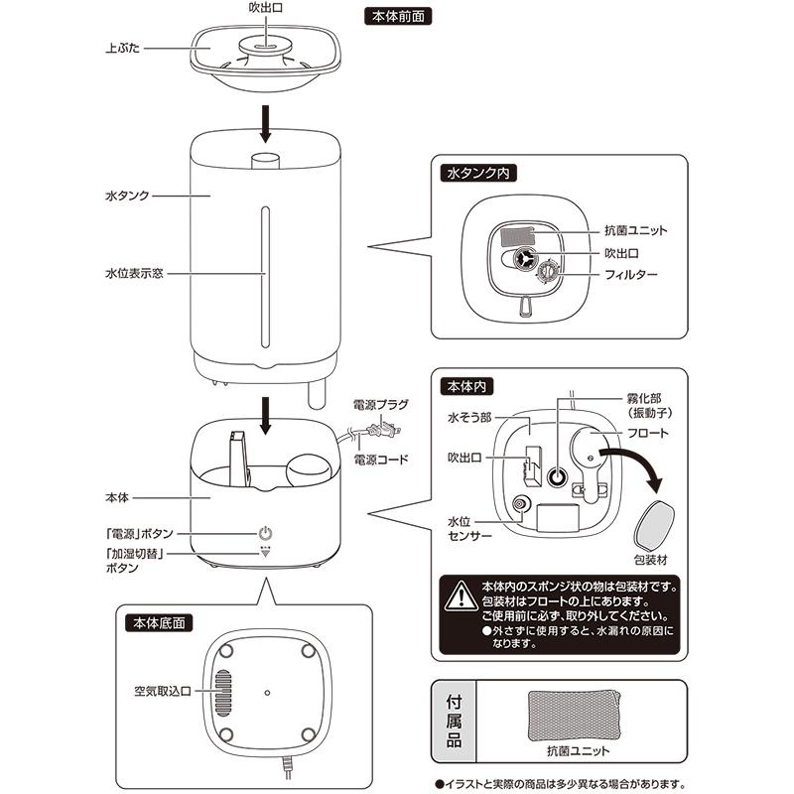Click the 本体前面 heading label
398,17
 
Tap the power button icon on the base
265,533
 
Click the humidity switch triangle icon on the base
265,552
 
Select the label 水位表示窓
134,274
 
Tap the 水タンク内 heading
478,173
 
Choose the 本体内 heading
466,387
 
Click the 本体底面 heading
159,623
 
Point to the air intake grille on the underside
222,692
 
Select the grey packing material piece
654,525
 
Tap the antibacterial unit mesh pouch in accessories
575,716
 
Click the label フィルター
631,275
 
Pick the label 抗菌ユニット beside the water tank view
636,231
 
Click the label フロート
648,433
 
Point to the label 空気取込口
162,691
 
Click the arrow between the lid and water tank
265,123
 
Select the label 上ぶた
122,49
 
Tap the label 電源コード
381,460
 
